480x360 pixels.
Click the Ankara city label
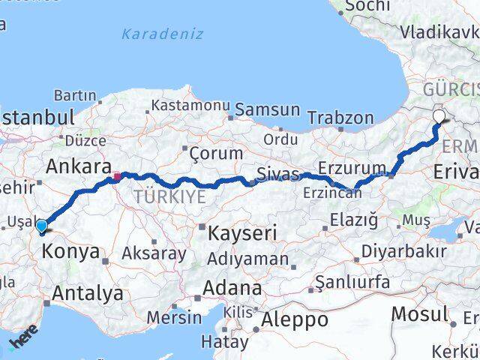click(79, 166)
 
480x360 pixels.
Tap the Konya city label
click(71, 251)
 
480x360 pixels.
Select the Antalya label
click(88, 293)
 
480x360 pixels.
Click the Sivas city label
click(277, 175)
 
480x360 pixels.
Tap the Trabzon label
click(340, 118)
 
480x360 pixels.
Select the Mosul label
click(421, 313)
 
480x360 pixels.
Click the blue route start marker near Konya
click(42, 226)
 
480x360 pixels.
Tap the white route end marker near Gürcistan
click(439, 115)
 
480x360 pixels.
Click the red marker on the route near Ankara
click(116, 178)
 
